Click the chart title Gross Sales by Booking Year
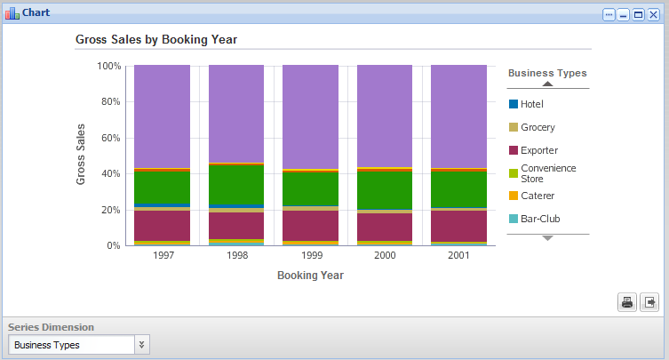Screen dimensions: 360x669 (155, 40)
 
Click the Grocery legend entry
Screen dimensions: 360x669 (538, 127)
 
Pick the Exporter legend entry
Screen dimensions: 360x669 (539, 150)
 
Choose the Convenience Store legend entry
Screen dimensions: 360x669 (547, 172)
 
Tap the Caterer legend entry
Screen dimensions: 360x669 (538, 196)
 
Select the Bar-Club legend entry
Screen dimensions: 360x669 (540, 219)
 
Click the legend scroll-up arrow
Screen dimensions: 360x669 (547, 84)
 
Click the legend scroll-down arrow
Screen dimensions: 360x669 (547, 238)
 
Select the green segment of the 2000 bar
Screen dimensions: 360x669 (385, 190)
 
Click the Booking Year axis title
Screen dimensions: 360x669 (310, 276)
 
